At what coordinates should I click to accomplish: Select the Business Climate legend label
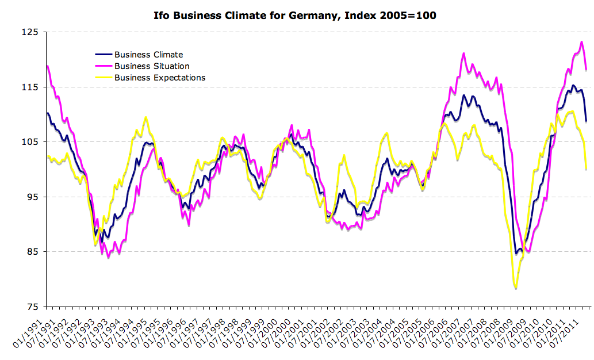click(x=148, y=55)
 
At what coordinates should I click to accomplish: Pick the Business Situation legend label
click(x=152, y=66)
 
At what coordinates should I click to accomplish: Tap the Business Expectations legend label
click(x=160, y=78)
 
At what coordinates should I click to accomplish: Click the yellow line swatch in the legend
click(x=104, y=78)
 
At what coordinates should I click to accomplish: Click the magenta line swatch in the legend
click(x=104, y=66)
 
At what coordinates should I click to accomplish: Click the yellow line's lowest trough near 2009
click(x=516, y=288)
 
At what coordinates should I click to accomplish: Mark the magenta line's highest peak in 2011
click(x=581, y=41)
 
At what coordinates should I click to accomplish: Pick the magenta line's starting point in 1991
click(x=47, y=66)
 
